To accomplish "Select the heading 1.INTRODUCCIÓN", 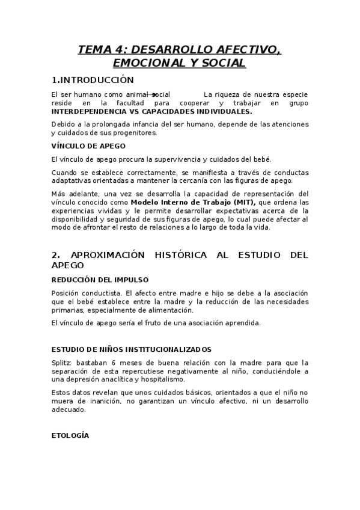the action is (93, 79).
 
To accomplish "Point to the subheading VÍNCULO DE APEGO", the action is (88, 146).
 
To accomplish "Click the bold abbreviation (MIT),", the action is (242, 202).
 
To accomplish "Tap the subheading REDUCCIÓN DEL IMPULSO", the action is (100, 280).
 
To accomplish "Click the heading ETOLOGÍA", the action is (70, 435).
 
